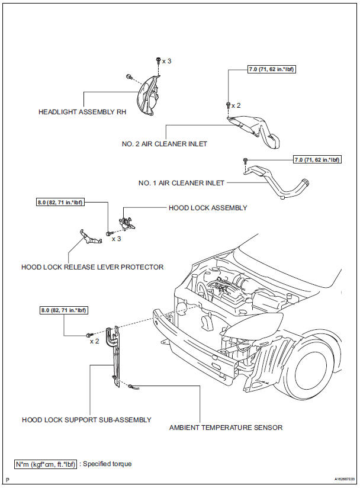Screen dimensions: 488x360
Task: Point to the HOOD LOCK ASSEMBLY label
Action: point(208,208)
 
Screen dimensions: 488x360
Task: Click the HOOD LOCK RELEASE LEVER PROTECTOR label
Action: point(92,267)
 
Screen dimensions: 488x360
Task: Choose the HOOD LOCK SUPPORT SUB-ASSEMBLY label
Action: point(86,419)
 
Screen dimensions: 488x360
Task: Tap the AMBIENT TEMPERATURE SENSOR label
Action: point(226,427)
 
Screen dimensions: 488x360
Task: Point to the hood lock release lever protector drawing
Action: point(86,238)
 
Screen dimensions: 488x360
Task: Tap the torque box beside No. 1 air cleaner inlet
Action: point(317,159)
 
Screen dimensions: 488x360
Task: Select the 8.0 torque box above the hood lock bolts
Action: point(60,203)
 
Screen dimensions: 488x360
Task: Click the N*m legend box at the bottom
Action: point(45,464)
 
